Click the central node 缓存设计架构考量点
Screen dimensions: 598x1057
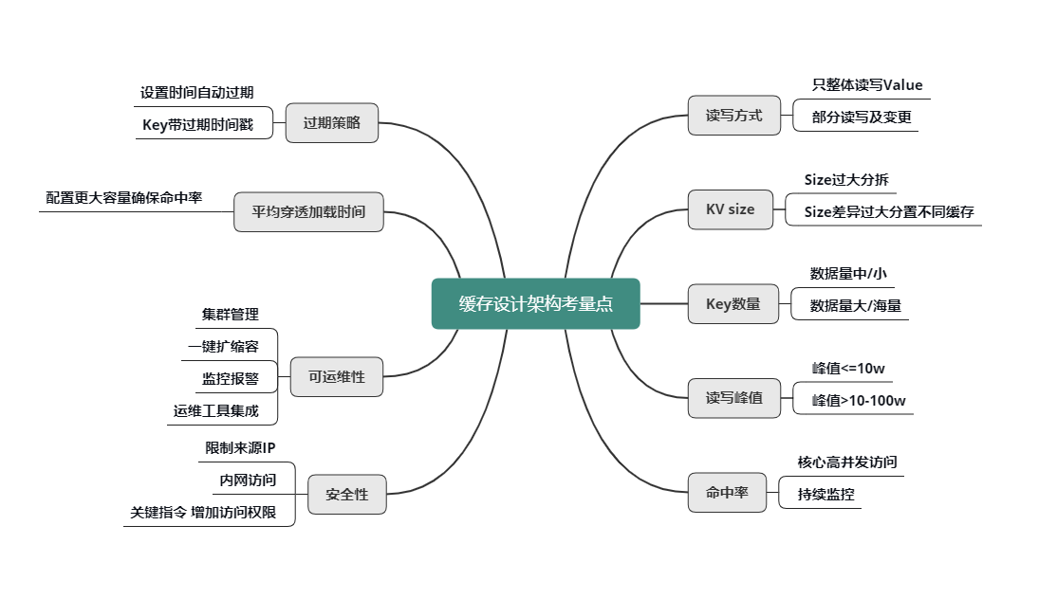point(535,304)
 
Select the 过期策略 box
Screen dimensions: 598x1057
point(331,123)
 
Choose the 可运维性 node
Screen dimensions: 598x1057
point(336,377)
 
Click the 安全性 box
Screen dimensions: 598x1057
point(346,495)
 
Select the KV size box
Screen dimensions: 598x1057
point(730,209)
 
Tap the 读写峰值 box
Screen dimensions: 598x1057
point(733,398)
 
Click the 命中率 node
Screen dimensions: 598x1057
point(727,493)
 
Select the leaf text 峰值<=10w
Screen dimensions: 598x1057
point(847,369)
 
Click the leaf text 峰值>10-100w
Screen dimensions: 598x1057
point(858,401)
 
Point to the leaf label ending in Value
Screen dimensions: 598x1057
point(866,85)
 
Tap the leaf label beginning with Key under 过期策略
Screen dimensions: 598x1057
point(198,124)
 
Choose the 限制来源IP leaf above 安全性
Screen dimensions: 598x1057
point(240,447)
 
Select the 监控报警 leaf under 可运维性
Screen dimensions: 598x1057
point(230,378)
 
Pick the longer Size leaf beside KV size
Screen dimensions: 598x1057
point(881,213)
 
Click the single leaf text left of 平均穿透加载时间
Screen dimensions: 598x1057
point(124,198)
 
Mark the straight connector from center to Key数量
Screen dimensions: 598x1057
point(664,304)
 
